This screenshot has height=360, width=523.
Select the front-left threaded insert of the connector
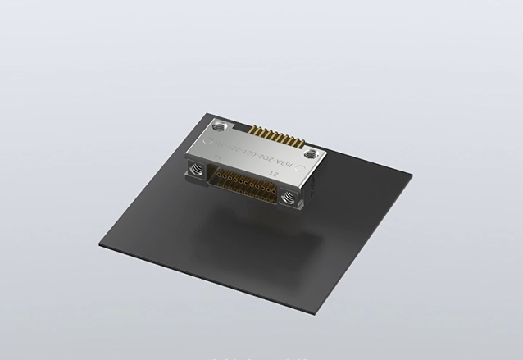tap(197, 170)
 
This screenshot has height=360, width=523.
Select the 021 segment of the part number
tap(257, 153)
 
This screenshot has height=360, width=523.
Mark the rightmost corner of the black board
tap(412, 173)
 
